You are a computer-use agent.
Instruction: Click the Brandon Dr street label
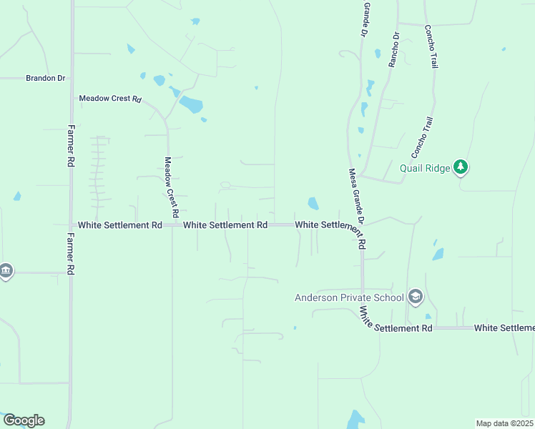pos(45,78)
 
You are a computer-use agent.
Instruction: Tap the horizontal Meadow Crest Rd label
pos(110,99)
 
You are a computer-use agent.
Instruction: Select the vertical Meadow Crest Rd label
pos(170,187)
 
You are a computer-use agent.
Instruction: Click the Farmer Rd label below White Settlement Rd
pos(71,255)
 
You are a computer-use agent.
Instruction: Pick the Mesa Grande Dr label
pos(357,208)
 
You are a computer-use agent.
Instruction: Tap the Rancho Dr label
pos(394,50)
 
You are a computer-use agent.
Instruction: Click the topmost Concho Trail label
pos(431,46)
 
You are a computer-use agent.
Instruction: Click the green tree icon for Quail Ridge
pos(461,167)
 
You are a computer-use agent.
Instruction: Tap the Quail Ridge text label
pos(425,169)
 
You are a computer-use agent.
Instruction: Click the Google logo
pos(24,420)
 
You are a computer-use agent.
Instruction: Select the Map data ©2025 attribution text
pos(504,423)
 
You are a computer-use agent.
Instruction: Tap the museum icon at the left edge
pos(6,272)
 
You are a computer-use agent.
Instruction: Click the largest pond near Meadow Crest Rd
pos(191,104)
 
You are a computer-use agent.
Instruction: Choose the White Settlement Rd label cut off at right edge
pos(504,328)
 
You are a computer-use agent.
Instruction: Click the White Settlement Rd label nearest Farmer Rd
pos(120,225)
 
